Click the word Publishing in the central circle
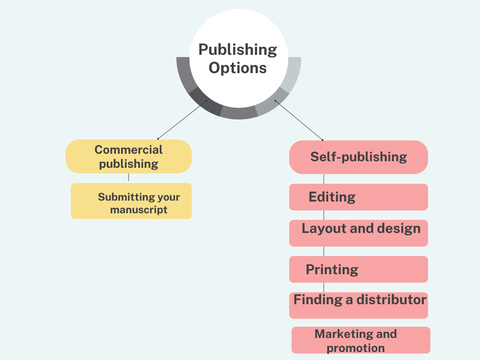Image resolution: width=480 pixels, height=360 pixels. (x=238, y=49)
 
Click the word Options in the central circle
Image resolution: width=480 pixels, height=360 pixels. (x=238, y=67)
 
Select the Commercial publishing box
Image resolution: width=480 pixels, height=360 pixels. (x=128, y=157)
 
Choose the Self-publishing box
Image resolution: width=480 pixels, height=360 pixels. (x=359, y=157)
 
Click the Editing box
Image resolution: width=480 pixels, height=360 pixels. (x=359, y=197)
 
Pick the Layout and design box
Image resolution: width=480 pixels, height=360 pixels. (x=359, y=233)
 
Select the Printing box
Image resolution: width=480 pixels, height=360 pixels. (x=359, y=270)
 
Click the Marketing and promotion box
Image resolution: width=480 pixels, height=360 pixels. (x=361, y=340)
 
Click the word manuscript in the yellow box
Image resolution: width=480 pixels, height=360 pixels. (x=139, y=210)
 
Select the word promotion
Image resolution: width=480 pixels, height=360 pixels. (x=356, y=348)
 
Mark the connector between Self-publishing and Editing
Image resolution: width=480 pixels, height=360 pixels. (x=324, y=179)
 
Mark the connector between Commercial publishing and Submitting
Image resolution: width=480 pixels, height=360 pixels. (x=128, y=178)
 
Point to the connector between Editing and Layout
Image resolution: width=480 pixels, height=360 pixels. (x=324, y=215)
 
